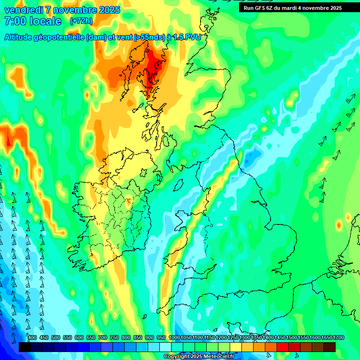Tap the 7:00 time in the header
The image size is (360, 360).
click(15, 21)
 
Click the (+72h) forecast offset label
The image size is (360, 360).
click(81, 21)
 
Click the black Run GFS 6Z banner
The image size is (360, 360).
click(292, 7)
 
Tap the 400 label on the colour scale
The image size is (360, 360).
click(32, 337)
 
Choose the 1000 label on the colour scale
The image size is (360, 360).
click(174, 337)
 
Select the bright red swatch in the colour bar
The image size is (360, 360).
click(283, 347)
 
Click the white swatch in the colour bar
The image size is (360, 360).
click(165, 347)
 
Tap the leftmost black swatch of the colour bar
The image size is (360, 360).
click(25, 347)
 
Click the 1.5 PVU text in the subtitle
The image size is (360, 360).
click(187, 37)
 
